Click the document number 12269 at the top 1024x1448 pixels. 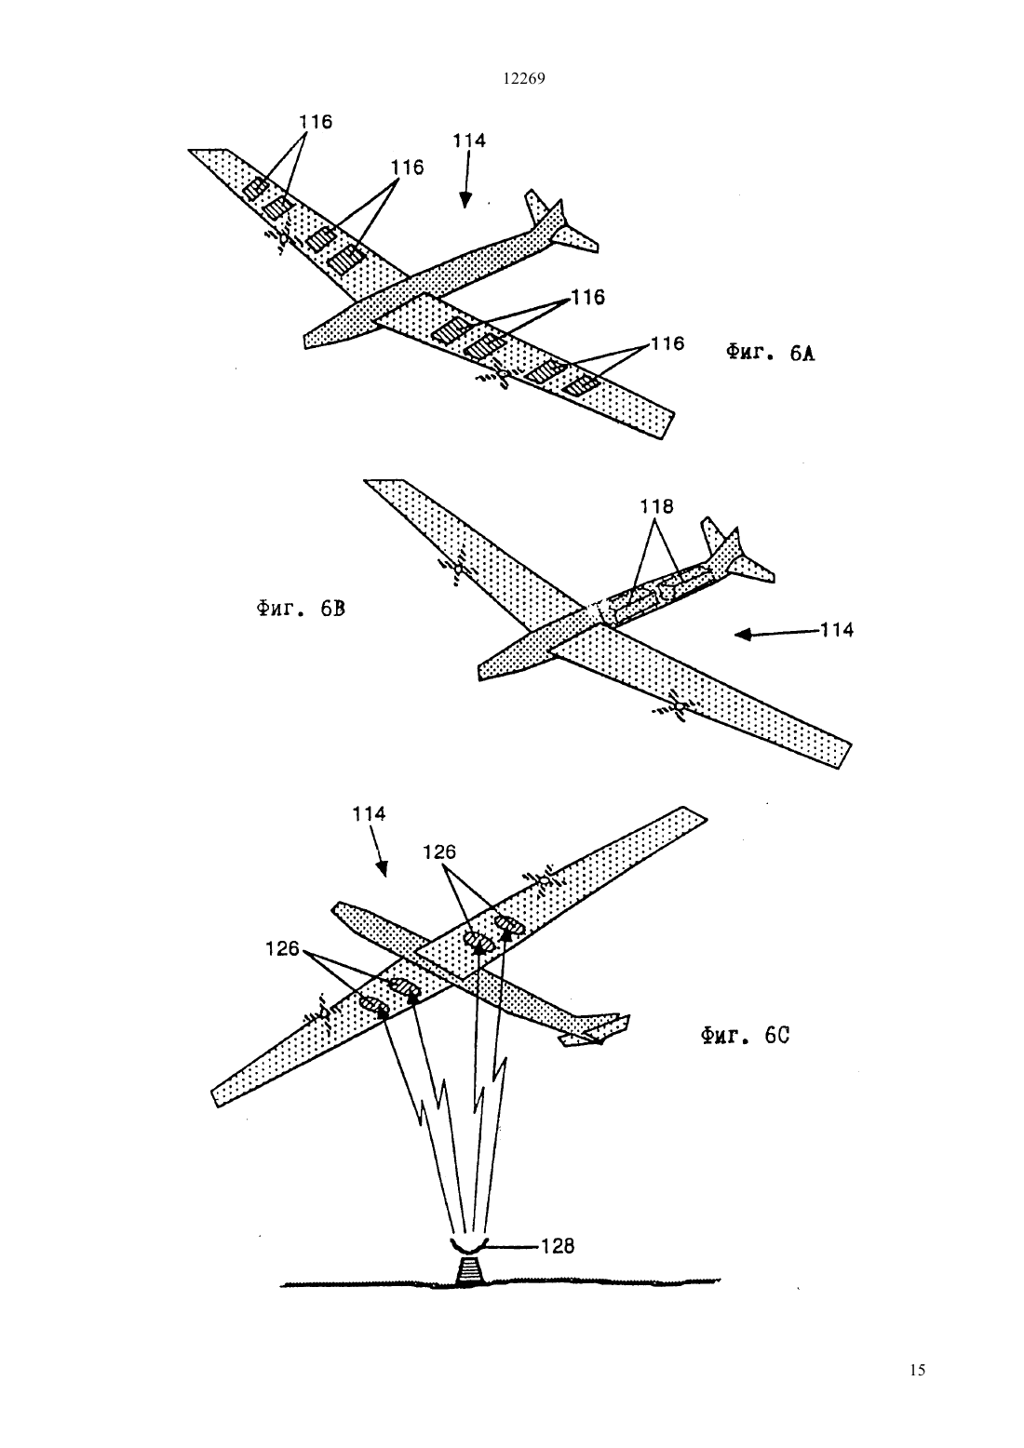pyautogui.click(x=524, y=79)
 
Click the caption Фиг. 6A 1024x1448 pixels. pyautogui.click(x=770, y=353)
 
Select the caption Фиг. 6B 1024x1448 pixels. pyautogui.click(x=301, y=609)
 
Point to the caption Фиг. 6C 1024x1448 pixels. pyautogui.click(x=746, y=1036)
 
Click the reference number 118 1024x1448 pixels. pyautogui.click(x=657, y=506)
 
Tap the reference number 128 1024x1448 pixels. pyautogui.click(x=558, y=1246)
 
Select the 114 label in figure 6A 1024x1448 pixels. pyautogui.click(x=468, y=141)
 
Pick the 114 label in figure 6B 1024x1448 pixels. pyautogui.click(x=837, y=630)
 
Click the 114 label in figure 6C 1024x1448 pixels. pyautogui.click(x=369, y=814)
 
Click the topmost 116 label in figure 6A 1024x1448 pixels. pyautogui.click(x=316, y=122)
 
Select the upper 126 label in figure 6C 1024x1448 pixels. pyautogui.click(x=439, y=852)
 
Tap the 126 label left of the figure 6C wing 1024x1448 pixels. pyautogui.click(x=282, y=948)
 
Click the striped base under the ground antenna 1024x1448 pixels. pyautogui.click(x=471, y=1269)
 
